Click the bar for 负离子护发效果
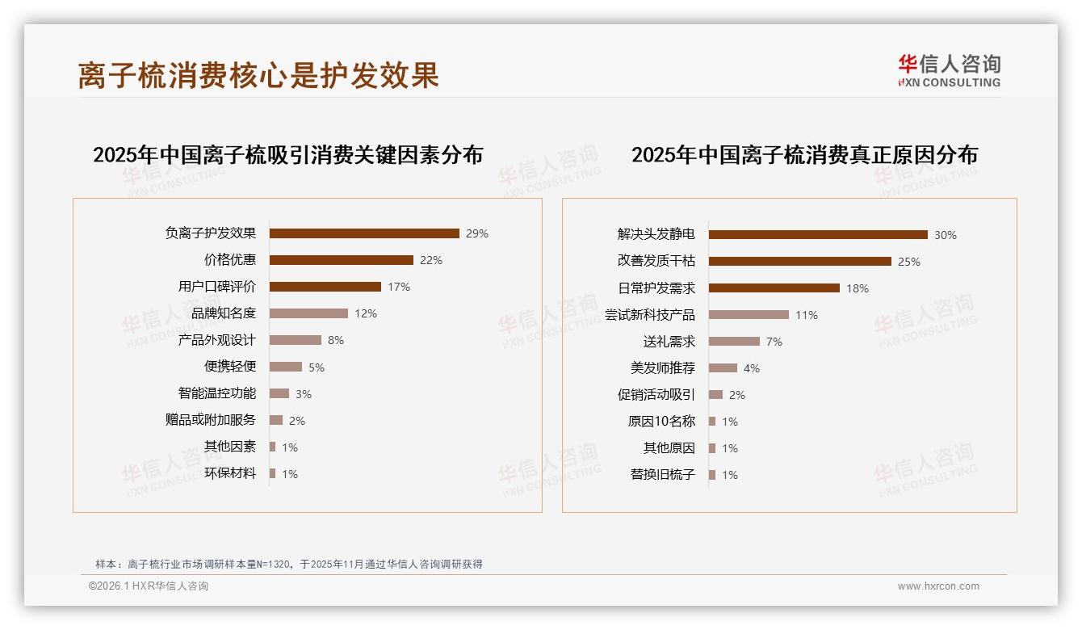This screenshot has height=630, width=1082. point(364,233)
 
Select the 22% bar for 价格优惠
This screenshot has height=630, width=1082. point(341,260)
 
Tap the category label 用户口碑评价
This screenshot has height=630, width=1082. point(217,287)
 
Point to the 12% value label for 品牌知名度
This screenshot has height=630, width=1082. point(366,313)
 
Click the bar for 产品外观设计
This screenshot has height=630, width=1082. point(296,340)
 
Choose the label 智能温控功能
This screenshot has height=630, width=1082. point(217,393)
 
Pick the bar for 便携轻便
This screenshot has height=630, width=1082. point(286,367)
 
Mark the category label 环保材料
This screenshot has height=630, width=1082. point(230,473)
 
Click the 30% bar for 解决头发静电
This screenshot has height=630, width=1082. point(818,235)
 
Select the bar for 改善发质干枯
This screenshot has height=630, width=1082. point(800,262)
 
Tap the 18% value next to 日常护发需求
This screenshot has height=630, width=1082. point(858,288)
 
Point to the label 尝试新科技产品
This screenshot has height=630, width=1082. point(650,315)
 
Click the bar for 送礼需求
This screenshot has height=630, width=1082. point(734,342)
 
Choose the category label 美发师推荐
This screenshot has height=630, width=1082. point(663,368)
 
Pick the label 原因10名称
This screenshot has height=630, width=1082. point(661,422)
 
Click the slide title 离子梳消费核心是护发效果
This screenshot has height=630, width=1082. point(258,75)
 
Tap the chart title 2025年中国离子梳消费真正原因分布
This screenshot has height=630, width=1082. point(804,155)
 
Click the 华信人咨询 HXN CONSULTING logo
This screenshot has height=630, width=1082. point(949,71)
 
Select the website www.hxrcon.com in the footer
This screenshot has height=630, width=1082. point(938,586)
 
